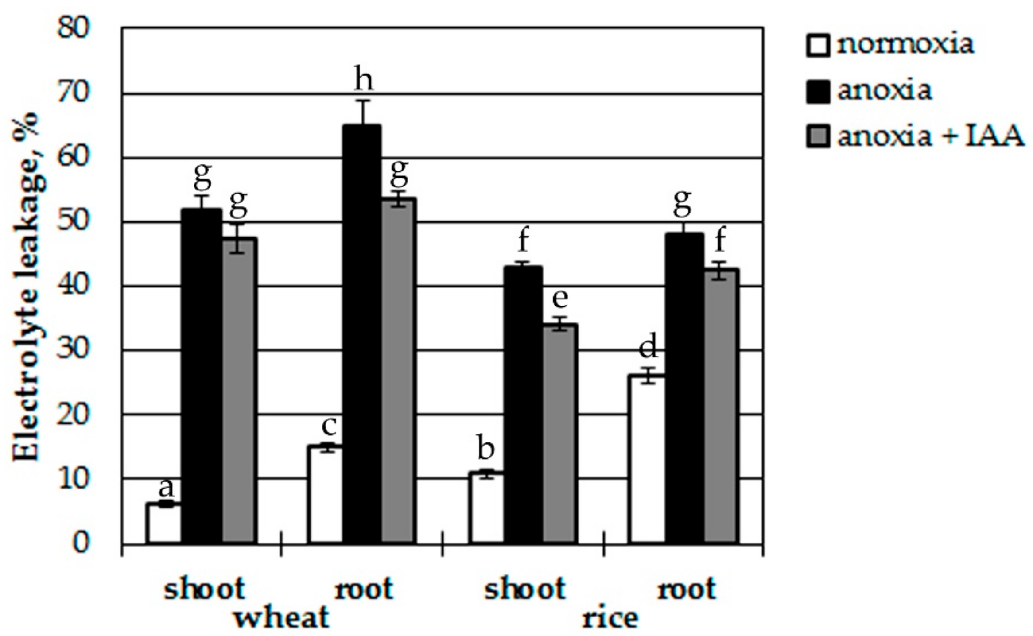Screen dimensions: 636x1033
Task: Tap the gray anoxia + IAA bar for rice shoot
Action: click(x=560, y=434)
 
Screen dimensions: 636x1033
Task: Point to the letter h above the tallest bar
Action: click(x=363, y=80)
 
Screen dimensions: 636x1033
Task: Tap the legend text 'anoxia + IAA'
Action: click(x=930, y=136)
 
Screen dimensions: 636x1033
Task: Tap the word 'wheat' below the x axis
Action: click(x=282, y=617)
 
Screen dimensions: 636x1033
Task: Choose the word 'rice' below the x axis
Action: click(x=610, y=617)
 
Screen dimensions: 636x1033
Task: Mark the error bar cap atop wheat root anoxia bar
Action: click(x=362, y=101)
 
